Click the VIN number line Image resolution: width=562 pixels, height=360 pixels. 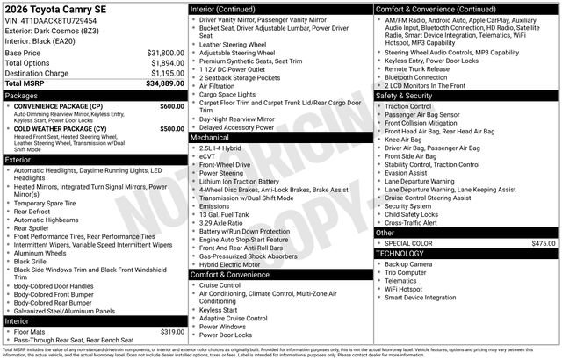(x=51, y=20)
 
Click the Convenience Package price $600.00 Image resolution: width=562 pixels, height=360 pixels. (x=172, y=105)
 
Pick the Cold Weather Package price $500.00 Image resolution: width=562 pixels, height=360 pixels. (x=172, y=128)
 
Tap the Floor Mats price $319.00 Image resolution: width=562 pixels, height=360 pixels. (x=172, y=331)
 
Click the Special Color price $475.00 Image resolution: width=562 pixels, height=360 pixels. (x=544, y=243)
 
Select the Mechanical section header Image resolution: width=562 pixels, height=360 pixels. (x=211, y=138)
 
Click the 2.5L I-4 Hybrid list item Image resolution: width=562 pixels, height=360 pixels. (x=227, y=148)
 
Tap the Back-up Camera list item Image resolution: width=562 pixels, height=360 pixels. (x=407, y=263)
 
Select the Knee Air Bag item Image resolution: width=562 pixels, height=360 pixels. (x=403, y=139)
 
